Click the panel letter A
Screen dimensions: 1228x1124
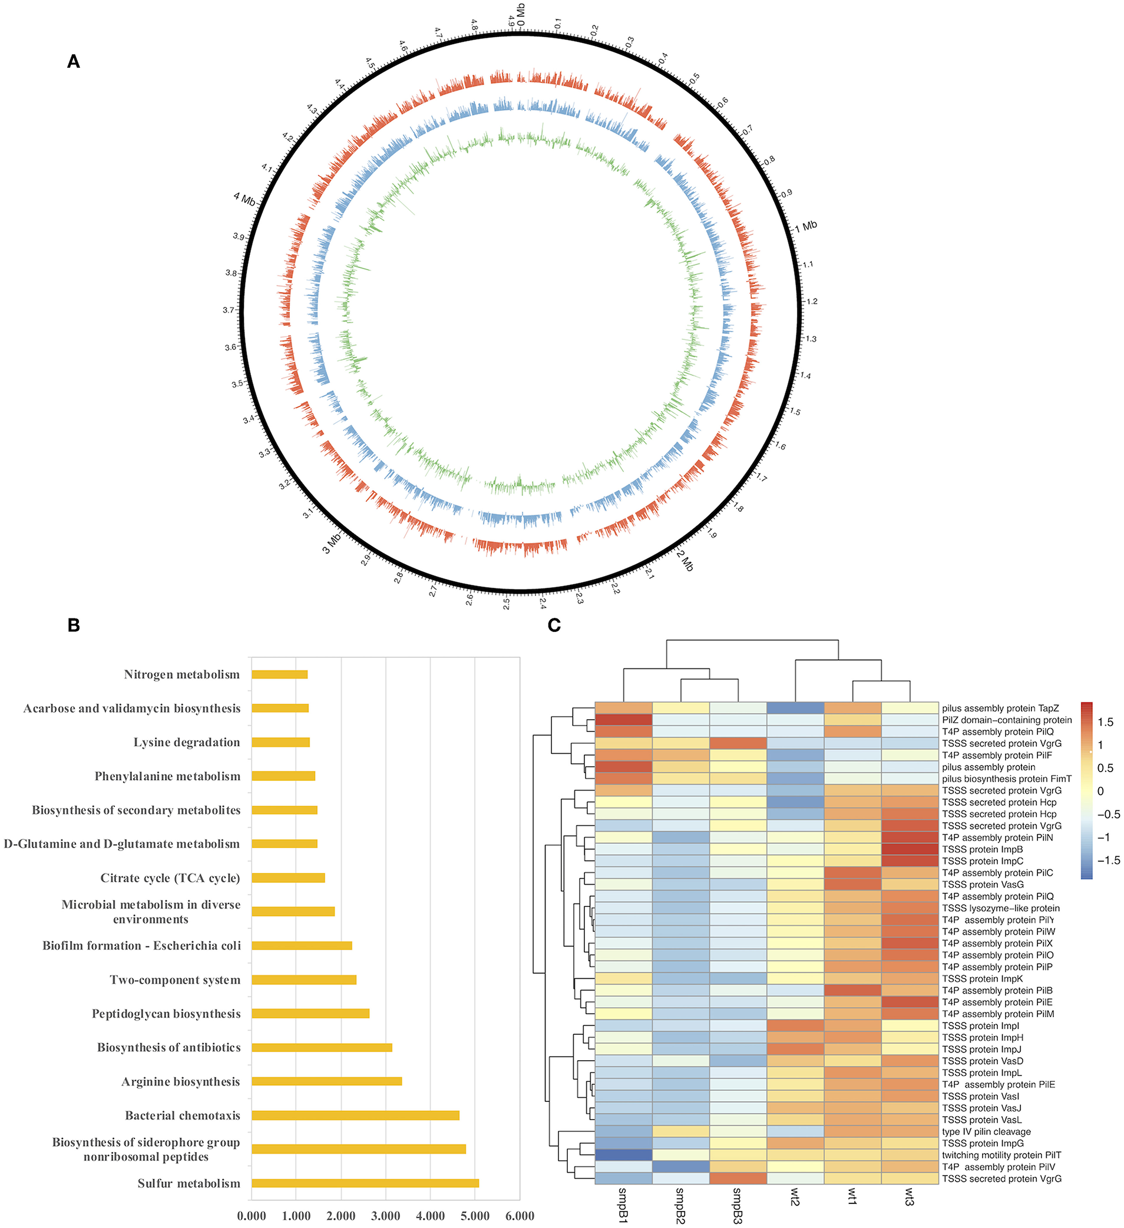coord(73,61)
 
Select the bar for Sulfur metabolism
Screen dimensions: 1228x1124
coord(365,1183)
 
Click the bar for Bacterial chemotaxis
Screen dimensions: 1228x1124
coord(355,1116)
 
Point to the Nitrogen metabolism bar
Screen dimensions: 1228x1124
coord(279,674)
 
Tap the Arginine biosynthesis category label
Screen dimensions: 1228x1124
coord(180,1082)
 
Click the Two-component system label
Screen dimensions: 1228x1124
coord(175,979)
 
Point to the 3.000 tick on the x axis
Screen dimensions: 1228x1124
coord(386,1216)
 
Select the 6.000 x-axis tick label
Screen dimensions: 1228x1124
coord(520,1216)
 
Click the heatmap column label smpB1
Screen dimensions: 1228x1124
coord(623,1205)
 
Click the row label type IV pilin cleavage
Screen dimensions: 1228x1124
coord(986,1131)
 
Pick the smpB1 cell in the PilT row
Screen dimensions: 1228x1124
coord(623,1155)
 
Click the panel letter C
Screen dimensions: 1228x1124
coord(554,625)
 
